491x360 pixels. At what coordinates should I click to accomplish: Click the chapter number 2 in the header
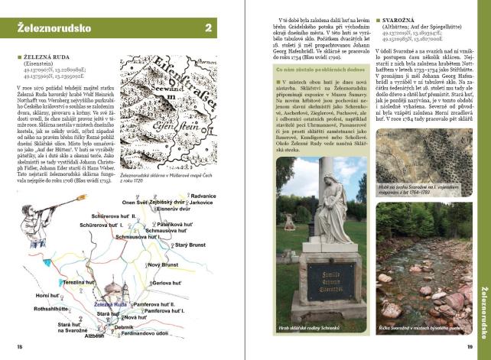coord(208,29)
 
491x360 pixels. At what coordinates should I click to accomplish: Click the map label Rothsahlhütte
coord(51,309)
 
